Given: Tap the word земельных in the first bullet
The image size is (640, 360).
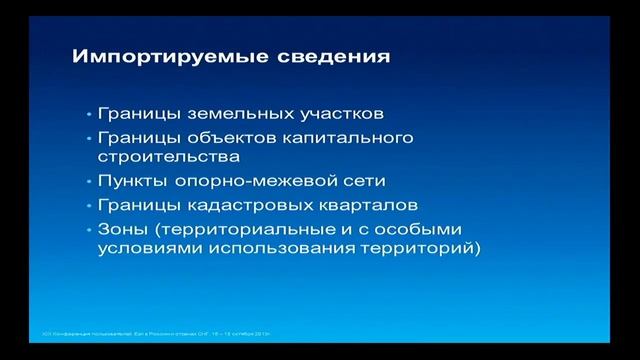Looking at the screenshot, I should (x=231, y=113).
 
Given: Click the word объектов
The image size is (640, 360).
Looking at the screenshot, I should (x=229, y=136).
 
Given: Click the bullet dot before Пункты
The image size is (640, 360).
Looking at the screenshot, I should (x=89, y=182).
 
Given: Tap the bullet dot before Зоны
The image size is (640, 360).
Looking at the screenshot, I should (x=89, y=230).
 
